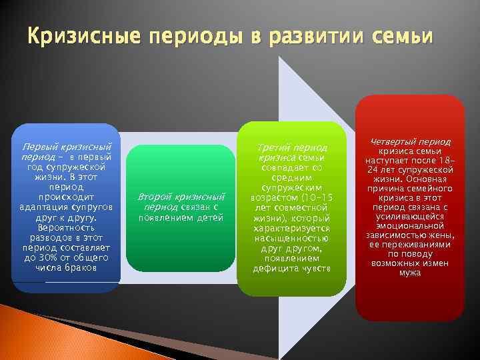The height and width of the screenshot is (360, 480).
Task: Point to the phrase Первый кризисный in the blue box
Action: (67, 146)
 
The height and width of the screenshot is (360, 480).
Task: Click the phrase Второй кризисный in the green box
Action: (181, 197)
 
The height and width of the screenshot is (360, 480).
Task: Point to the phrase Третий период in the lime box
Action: (293, 147)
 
